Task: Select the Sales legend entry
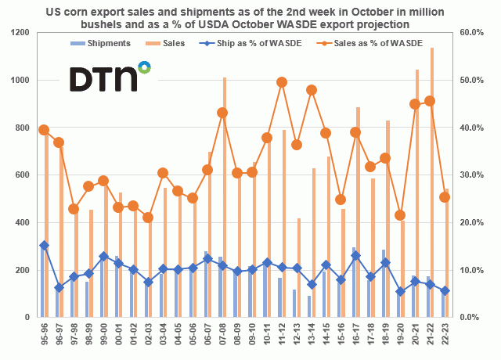[x=174, y=43]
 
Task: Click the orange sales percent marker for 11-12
[x=282, y=82]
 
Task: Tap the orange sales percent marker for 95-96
[x=44, y=130]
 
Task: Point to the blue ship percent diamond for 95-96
[x=44, y=245]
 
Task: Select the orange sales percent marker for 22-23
[x=445, y=197]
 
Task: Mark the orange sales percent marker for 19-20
[x=400, y=215]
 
